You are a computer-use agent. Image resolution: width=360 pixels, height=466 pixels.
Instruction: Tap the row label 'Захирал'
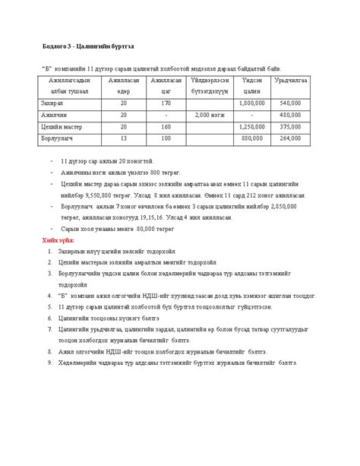(x=55, y=102)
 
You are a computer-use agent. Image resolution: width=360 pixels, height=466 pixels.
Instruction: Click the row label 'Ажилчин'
(x=55, y=114)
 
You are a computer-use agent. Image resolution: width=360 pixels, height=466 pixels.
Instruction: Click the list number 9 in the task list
(x=49, y=363)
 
